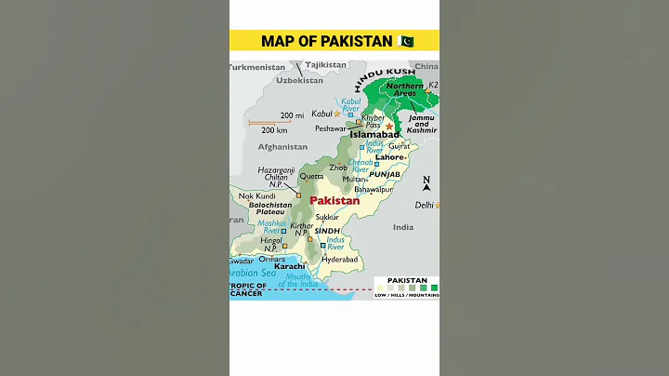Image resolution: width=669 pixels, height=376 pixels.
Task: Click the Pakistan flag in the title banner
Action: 405,41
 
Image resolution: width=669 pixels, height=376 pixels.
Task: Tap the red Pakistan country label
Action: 334,200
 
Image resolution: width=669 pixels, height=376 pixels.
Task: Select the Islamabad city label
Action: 374,134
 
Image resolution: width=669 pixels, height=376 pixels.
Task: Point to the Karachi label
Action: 289,266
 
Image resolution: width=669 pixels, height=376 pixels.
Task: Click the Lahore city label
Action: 388,157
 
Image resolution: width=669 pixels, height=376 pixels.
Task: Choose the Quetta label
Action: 312,176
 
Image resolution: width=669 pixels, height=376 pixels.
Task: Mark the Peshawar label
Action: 330,128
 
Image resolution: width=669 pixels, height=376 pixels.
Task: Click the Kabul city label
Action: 321,114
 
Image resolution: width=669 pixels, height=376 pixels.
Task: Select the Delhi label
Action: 424,205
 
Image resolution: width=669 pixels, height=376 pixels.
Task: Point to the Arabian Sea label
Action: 252,273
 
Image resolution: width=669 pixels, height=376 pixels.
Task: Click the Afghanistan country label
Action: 282,147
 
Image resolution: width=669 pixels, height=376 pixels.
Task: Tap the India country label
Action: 402,227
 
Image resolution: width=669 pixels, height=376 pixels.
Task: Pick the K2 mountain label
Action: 432,86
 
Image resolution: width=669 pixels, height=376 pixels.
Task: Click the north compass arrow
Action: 426,184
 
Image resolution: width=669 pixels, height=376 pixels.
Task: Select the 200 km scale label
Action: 273,129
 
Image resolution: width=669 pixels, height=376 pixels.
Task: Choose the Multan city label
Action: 354,179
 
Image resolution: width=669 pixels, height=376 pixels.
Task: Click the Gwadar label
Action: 241,261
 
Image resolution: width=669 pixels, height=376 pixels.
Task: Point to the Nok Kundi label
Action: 257,196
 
